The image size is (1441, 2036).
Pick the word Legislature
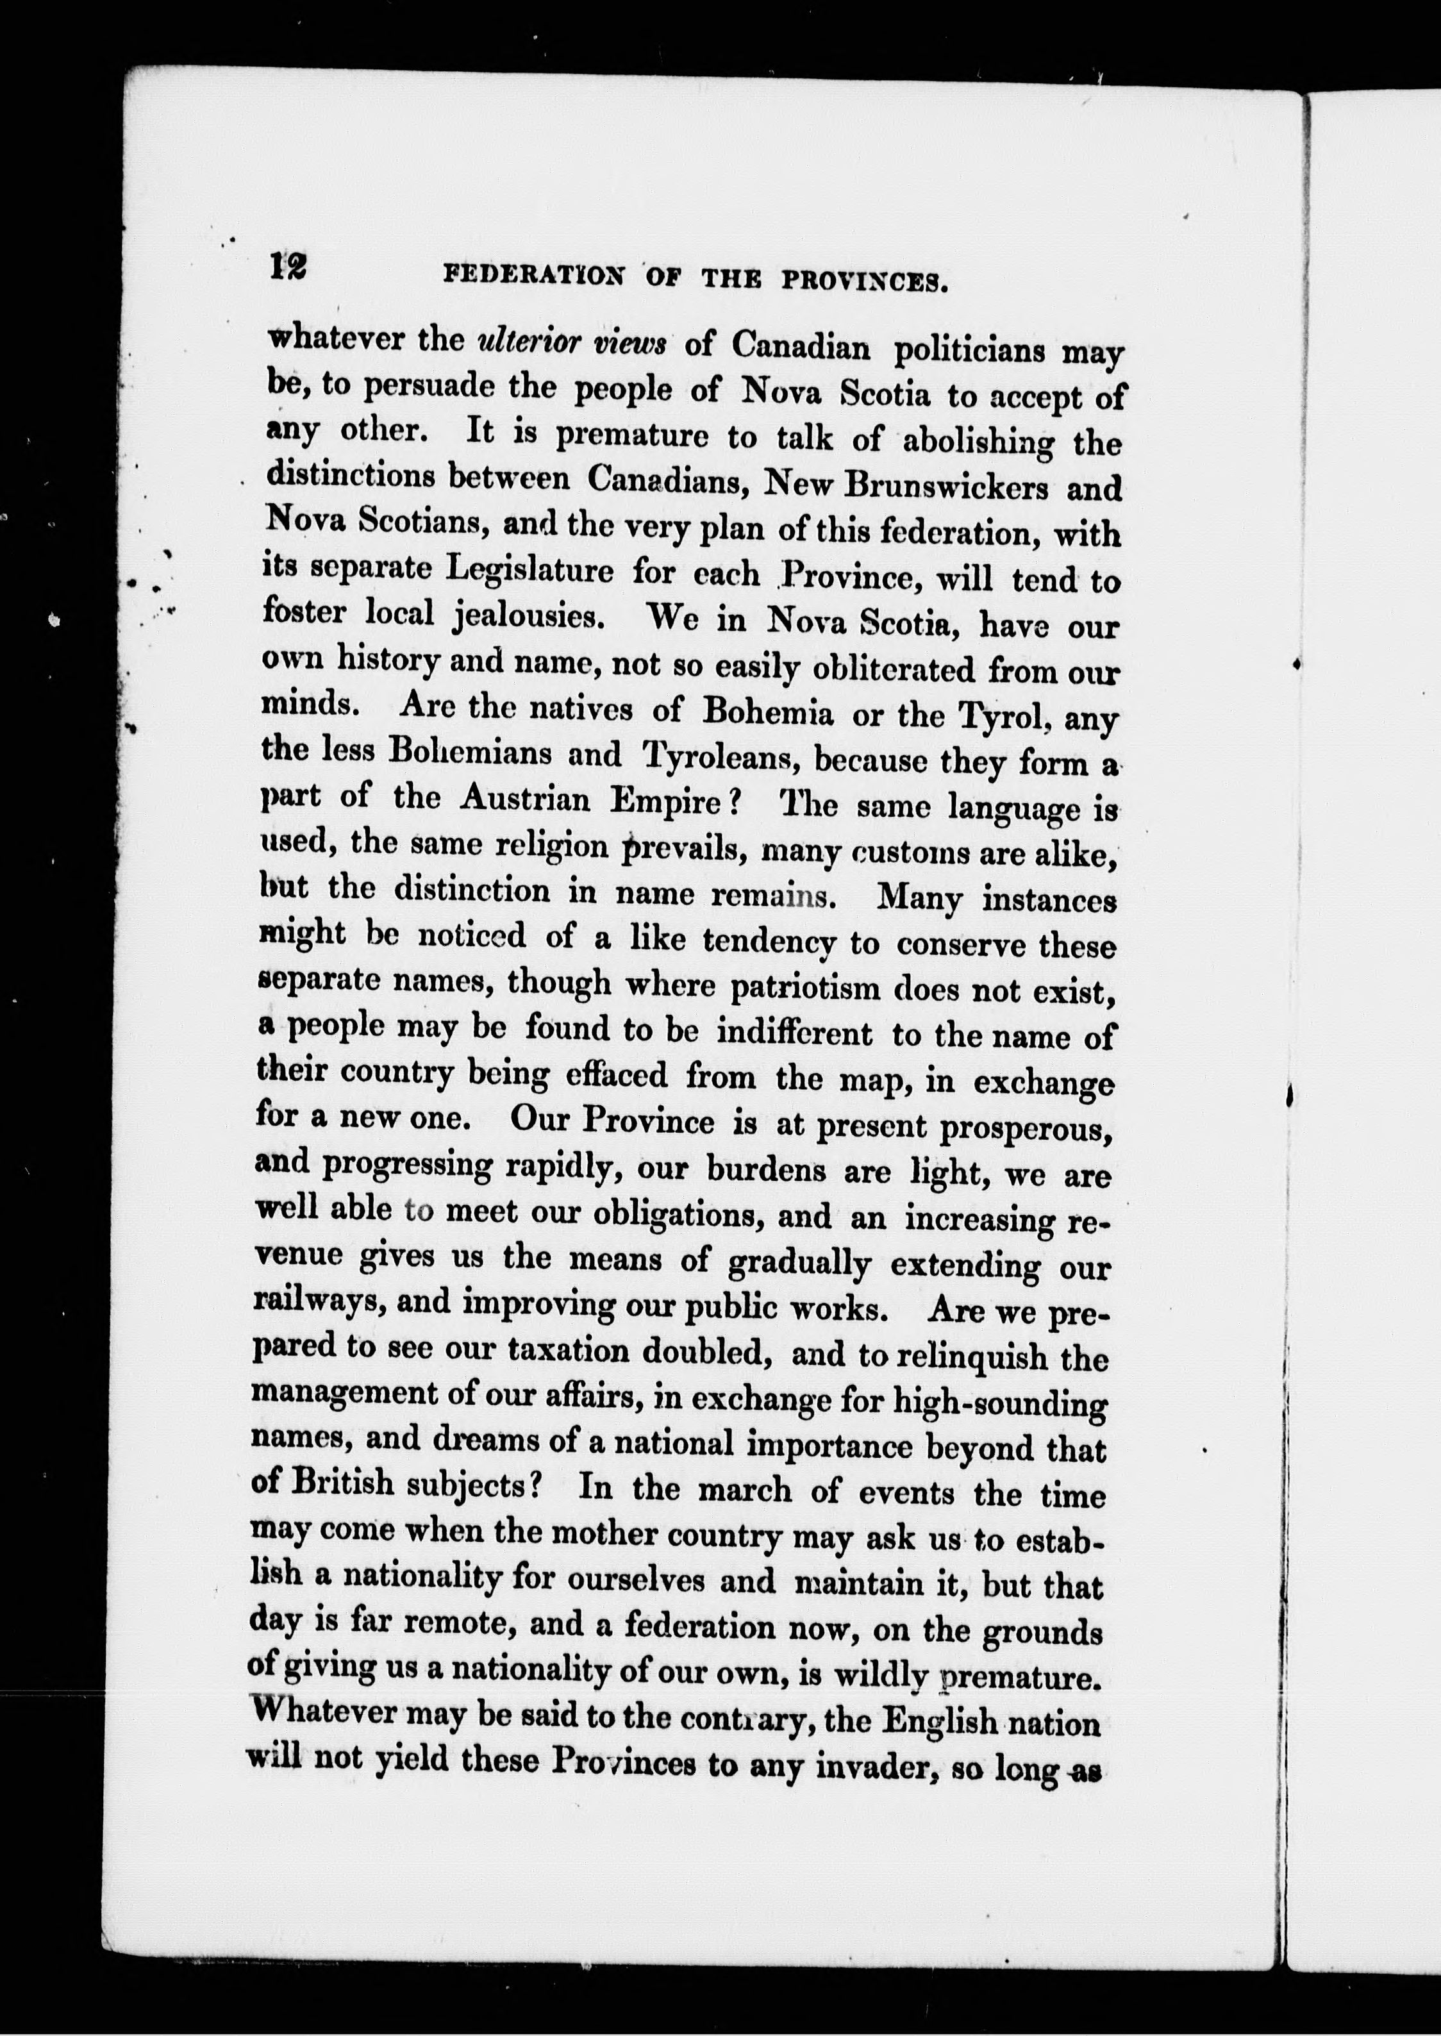529,569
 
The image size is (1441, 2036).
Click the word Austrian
525,799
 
